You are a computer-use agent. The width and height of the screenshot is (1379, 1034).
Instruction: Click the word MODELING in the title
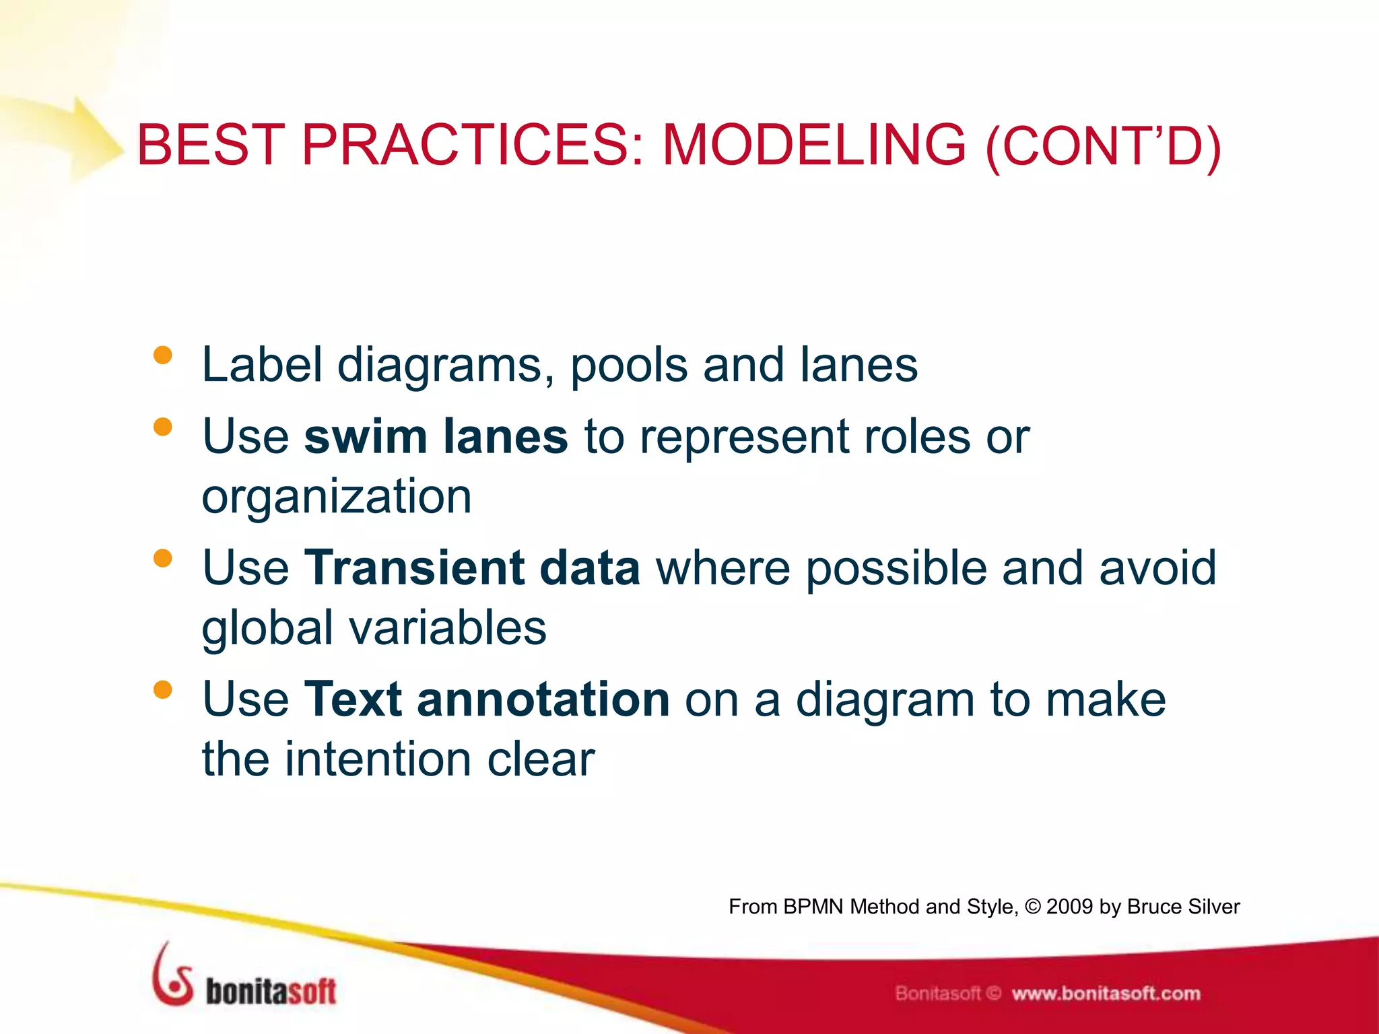click(814, 145)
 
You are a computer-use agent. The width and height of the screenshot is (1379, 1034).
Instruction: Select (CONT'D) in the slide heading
click(1103, 147)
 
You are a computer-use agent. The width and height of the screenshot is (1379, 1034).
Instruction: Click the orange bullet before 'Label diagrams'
click(163, 355)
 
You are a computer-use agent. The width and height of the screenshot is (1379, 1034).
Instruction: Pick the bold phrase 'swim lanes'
click(436, 436)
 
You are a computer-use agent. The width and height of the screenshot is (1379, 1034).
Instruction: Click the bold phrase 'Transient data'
click(471, 567)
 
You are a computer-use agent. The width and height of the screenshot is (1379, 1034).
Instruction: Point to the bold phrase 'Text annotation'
click(486, 699)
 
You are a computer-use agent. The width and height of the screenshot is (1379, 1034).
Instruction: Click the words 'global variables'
click(374, 627)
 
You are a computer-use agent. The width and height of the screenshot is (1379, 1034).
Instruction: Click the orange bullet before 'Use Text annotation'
click(163, 689)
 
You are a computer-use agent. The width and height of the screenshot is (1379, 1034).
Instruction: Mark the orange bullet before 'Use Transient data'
click(163, 558)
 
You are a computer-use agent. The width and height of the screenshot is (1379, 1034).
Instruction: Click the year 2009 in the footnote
click(1069, 907)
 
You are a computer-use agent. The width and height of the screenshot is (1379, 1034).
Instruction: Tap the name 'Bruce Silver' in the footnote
click(1183, 907)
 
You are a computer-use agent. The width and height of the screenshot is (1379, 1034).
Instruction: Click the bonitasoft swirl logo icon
click(172, 975)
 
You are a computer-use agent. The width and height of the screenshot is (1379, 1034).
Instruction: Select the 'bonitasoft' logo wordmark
click(270, 991)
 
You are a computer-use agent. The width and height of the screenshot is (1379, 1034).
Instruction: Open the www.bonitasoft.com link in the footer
click(1106, 994)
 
